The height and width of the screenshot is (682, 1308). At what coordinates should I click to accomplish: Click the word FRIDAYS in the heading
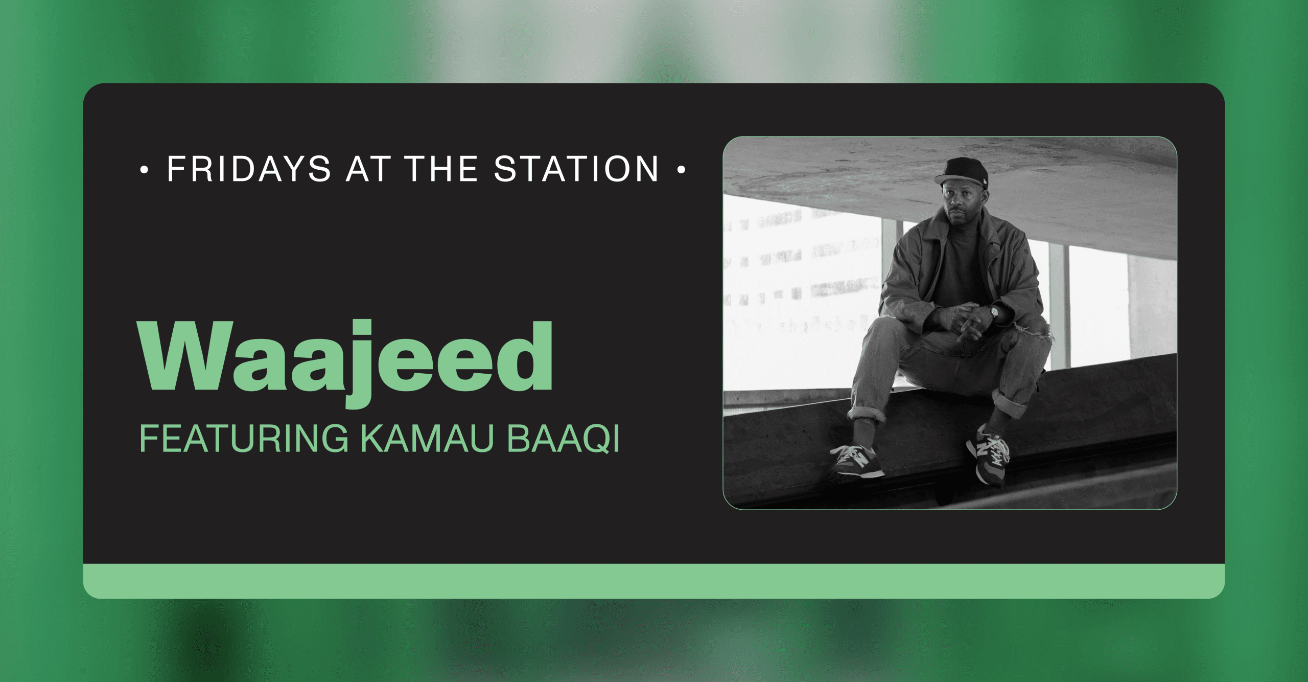coord(249,169)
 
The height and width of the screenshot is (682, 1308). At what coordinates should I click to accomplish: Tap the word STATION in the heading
coord(576,169)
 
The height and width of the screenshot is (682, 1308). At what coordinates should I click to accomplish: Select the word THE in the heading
coord(441,169)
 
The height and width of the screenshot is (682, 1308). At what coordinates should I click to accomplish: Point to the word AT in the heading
coord(368,169)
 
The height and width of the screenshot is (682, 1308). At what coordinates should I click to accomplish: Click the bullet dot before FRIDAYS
coord(144,170)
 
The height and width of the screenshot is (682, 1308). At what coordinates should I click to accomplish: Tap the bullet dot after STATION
coord(681,170)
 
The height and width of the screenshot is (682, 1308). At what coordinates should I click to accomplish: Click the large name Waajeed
coord(345,363)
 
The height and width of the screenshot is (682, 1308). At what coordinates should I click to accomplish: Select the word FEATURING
coord(244,439)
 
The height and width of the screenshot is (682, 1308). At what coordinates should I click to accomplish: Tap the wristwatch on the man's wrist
coord(995,311)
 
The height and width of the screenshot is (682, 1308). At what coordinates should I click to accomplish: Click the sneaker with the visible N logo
coord(987,455)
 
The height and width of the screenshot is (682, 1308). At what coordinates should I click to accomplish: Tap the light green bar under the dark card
coord(654,581)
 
